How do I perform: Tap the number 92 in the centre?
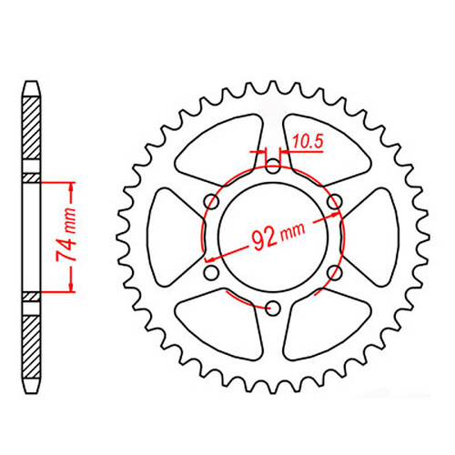267,241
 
